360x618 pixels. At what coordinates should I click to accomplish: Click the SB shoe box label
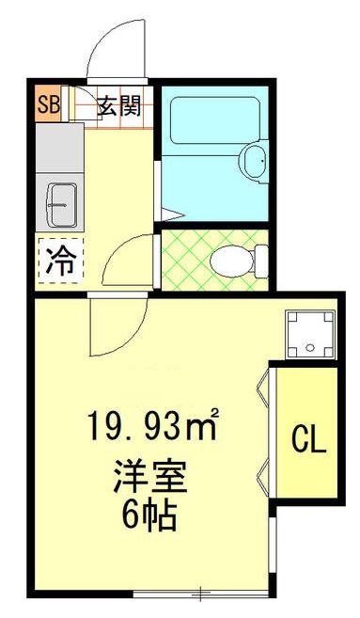click(48, 103)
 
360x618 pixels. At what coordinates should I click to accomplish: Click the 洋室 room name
click(150, 479)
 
